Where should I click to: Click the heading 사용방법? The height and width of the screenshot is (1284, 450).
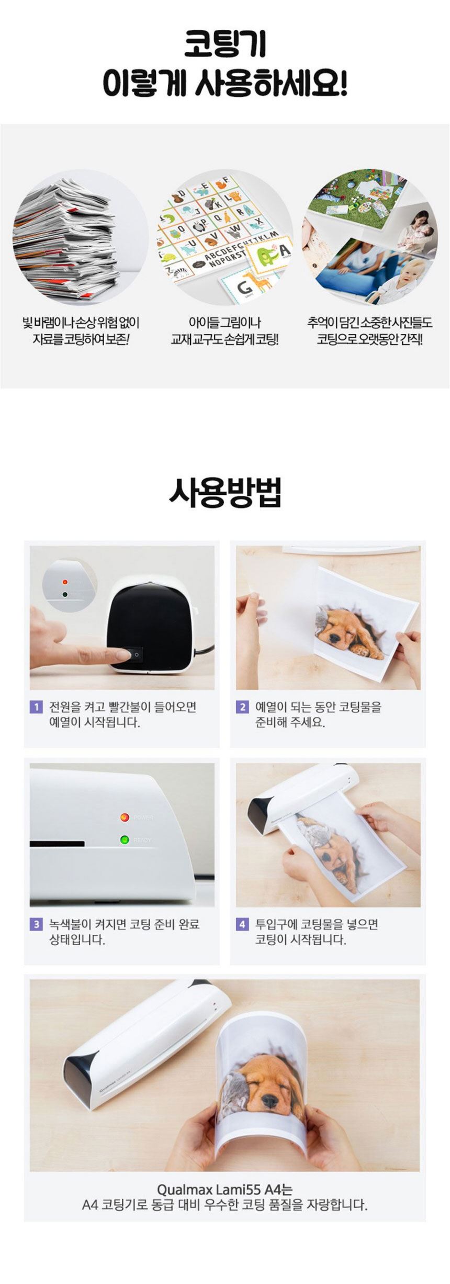click(225, 493)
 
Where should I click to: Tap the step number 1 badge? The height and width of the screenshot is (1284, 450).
click(36, 707)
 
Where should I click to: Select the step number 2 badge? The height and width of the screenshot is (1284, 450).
click(242, 707)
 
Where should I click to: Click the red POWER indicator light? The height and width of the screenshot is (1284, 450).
click(125, 817)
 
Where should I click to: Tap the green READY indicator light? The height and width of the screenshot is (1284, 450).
click(125, 840)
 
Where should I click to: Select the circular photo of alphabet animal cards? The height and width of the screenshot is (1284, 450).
click(225, 237)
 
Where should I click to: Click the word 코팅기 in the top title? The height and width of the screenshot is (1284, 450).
click(225, 44)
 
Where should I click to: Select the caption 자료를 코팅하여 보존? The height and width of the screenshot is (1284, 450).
click(81, 339)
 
